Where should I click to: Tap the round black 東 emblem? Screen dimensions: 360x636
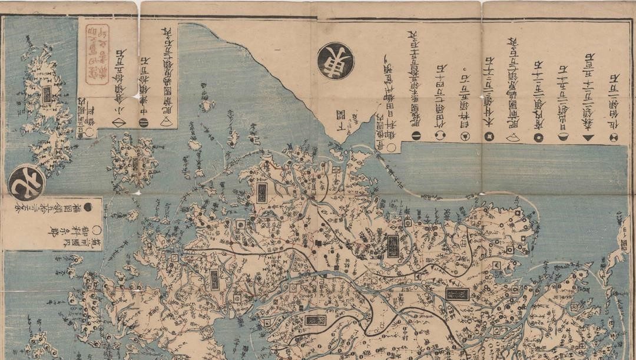coord(335,61)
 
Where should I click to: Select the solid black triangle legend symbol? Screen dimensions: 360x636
coord(588,137)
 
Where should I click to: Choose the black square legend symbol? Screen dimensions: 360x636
coord(488,137)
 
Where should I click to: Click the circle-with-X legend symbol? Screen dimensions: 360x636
coord(614,137)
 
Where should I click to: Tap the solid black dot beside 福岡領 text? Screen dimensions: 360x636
coord(87,207)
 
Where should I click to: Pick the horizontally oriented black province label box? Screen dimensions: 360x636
coord(457,293)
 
